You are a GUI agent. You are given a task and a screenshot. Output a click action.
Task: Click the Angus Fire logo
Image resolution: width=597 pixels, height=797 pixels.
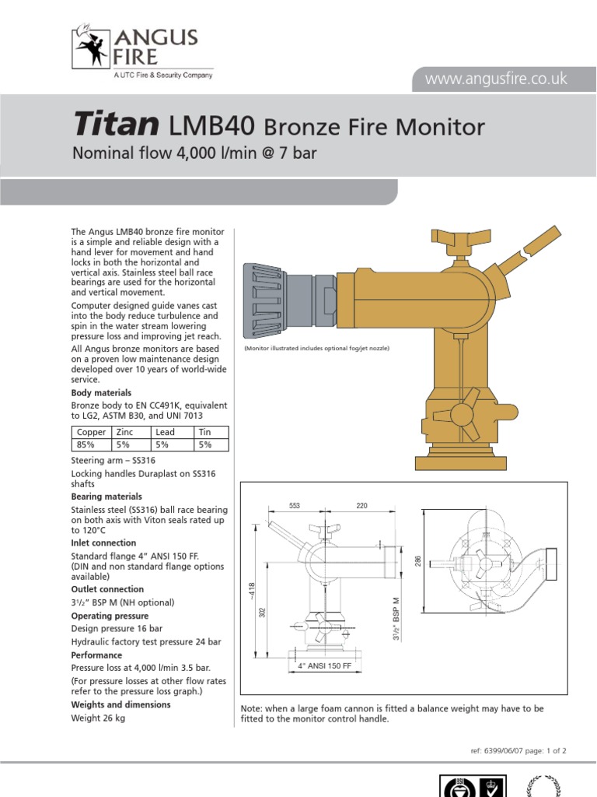coord(135,48)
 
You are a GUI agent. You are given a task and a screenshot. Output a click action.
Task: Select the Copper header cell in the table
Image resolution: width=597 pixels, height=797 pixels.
coord(91,432)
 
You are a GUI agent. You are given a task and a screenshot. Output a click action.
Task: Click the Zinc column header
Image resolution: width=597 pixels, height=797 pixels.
coord(124,432)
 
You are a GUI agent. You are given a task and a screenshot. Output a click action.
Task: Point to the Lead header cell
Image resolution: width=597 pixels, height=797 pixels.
coord(165,432)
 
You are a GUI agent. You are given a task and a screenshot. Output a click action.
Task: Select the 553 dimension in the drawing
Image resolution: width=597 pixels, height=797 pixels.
coord(295,506)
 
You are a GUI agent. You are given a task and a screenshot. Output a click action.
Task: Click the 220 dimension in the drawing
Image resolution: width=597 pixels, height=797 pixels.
coord(361,506)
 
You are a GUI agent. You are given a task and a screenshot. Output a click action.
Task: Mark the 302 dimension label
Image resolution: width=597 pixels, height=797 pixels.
coord(263,613)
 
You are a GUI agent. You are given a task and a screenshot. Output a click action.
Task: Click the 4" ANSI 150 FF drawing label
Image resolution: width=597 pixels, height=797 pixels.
coord(325,666)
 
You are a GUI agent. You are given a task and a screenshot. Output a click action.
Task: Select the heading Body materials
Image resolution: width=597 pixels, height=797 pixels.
coord(101,393)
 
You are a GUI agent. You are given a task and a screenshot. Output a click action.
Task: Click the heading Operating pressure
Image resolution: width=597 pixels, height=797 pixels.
coord(110,616)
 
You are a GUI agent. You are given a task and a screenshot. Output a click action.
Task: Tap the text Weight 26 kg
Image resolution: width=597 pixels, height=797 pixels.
coord(98,718)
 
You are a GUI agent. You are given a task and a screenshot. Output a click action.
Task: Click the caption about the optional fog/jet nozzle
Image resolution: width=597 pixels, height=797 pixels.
coord(316,348)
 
